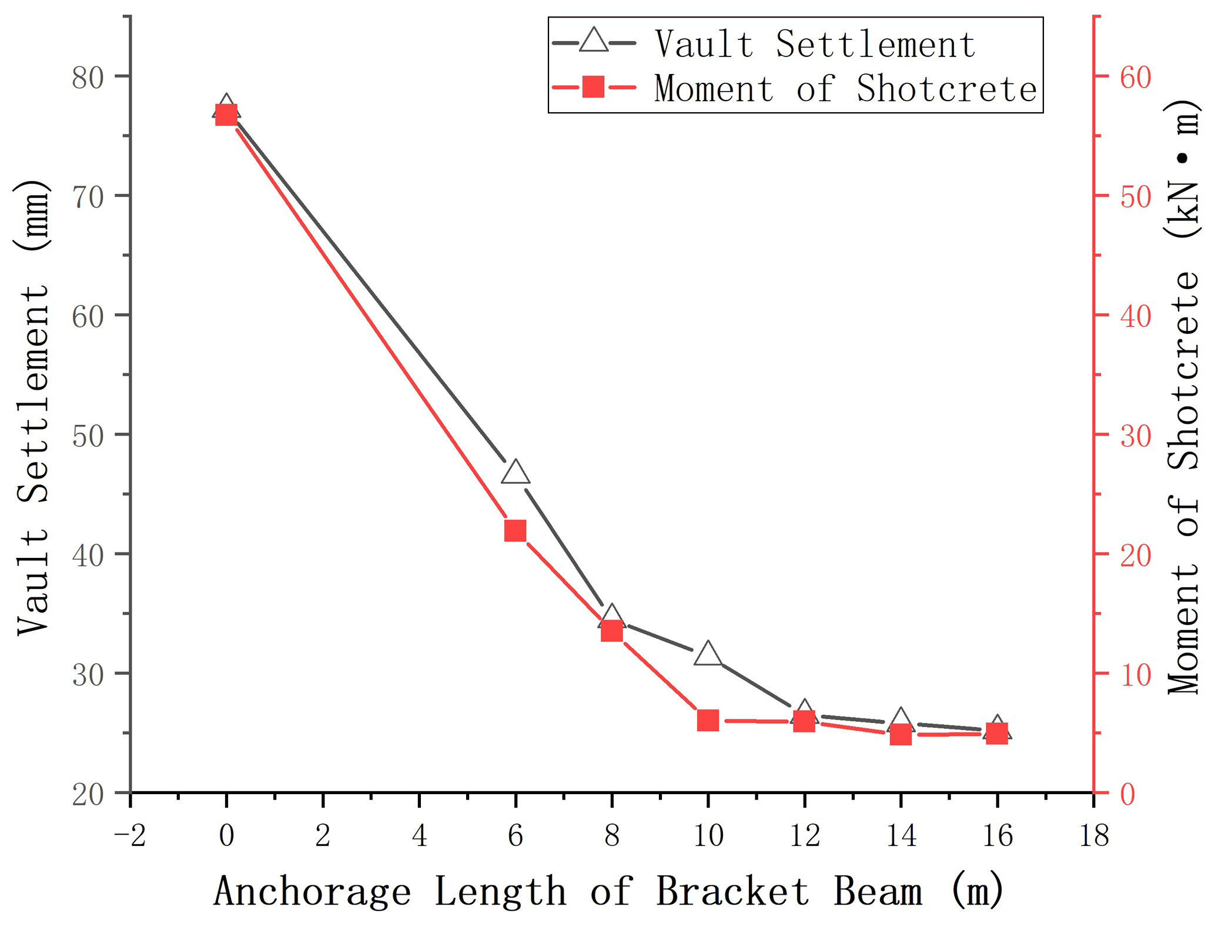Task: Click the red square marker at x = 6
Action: pyautogui.click(x=515, y=531)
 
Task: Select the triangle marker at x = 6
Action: pyautogui.click(x=516, y=473)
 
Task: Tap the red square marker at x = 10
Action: pyautogui.click(x=708, y=720)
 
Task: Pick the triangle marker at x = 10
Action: pyautogui.click(x=708, y=654)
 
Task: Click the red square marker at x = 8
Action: pyautogui.click(x=612, y=631)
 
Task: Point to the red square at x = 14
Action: pyautogui.click(x=901, y=735)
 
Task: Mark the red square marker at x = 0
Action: pyautogui.click(x=226, y=115)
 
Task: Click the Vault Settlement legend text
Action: pyautogui.click(x=815, y=44)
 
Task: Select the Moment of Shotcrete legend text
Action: pyautogui.click(x=845, y=89)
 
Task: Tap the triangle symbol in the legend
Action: pyautogui.click(x=594, y=41)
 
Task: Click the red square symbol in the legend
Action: pyautogui.click(x=594, y=87)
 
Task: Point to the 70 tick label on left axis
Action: pyautogui.click(x=88, y=196)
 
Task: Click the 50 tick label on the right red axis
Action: pyautogui.click(x=1135, y=196)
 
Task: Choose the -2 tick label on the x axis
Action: pyautogui.click(x=130, y=835)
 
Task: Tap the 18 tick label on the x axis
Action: pyautogui.click(x=1093, y=835)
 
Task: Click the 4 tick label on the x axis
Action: pyautogui.click(x=419, y=835)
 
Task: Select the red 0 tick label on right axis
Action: pyautogui.click(x=1127, y=794)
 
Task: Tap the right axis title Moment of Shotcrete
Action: pyautogui.click(x=1181, y=400)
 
